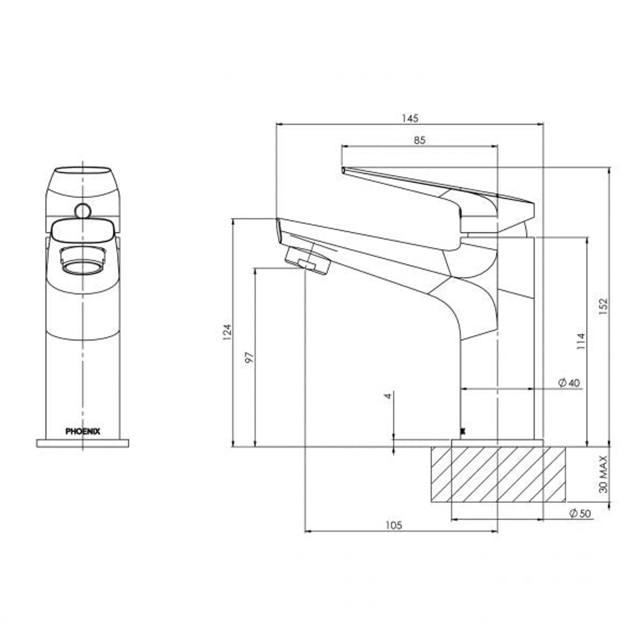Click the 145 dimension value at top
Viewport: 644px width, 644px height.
[409, 118]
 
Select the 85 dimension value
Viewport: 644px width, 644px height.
[419, 140]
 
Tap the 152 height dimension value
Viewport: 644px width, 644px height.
[602, 306]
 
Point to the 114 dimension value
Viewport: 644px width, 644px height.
[581, 340]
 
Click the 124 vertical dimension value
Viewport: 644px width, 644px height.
[226, 332]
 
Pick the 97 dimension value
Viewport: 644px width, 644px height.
[249, 357]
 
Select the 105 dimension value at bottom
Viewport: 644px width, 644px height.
[394, 525]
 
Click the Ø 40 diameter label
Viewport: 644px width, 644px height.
[569, 383]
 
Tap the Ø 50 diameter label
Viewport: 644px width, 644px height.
[580, 513]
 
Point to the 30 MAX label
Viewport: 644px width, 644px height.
[603, 474]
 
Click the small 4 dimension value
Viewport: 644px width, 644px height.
[388, 396]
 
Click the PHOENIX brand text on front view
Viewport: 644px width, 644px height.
[82, 430]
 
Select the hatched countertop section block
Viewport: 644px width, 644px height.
[497, 474]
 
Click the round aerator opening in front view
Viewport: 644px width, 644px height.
[82, 264]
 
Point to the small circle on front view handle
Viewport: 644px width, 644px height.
[82, 210]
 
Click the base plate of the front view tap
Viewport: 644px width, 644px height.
[82, 443]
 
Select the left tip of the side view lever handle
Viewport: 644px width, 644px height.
[343, 170]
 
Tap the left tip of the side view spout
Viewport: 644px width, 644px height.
[278, 227]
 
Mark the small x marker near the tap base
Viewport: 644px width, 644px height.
[463, 430]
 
